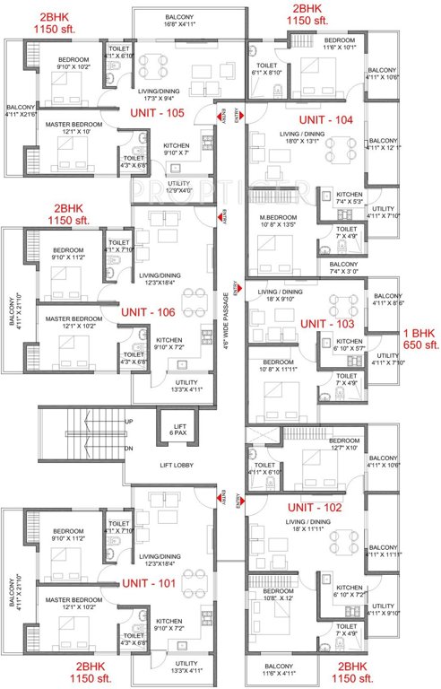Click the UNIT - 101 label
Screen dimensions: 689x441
pyautogui.click(x=149, y=582)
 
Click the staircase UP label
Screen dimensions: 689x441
pyautogui.click(x=128, y=422)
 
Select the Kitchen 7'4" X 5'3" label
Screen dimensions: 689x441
pyautogui.click(x=348, y=198)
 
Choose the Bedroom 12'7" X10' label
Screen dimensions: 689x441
pyautogui.click(x=342, y=445)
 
